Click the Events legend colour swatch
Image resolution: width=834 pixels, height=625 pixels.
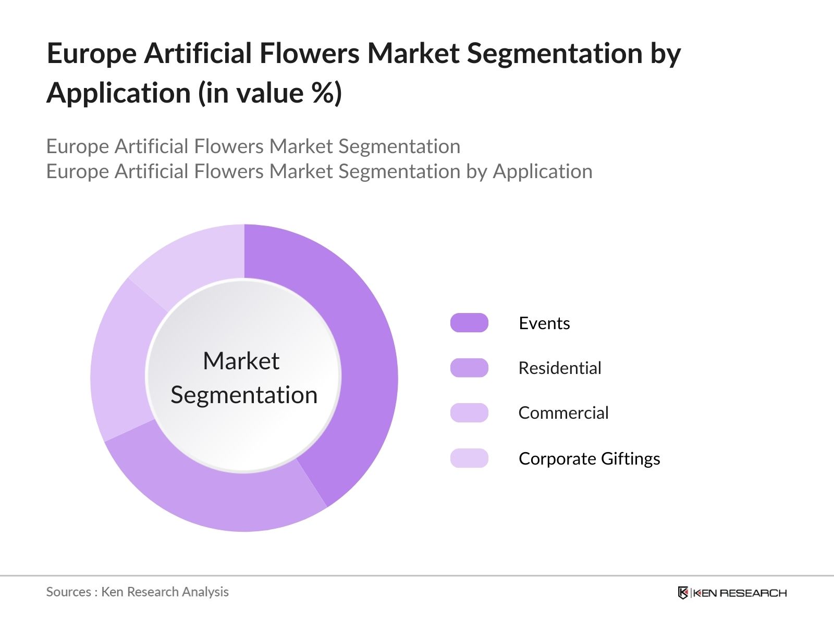469,323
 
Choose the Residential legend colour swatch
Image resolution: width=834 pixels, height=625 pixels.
469,368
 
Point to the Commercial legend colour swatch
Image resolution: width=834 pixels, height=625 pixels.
469,413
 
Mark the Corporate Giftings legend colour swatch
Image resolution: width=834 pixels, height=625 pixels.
469,458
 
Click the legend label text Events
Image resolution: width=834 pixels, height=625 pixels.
544,323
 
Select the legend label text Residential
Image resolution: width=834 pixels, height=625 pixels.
559,368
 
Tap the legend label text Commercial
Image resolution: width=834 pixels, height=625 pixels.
563,413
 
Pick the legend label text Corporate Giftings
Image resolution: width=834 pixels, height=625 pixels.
589,459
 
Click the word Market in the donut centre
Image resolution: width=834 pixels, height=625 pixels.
241,361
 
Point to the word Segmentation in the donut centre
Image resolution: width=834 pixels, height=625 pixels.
244,395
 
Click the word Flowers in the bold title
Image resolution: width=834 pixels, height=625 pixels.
309,54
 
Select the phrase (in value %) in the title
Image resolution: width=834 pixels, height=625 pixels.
269,94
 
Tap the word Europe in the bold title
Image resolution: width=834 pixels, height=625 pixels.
91,54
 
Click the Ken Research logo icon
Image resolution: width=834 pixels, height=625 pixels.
683,593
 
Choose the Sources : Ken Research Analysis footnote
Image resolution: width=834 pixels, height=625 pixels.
137,592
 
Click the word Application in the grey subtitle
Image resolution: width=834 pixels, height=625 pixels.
542,171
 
